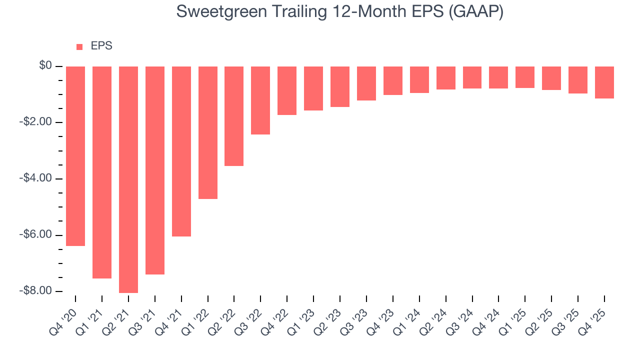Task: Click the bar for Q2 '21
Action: coord(128,179)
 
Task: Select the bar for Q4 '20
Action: coord(75,156)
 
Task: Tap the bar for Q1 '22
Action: coord(208,132)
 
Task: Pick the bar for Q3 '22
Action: coord(260,100)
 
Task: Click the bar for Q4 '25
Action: coord(604,82)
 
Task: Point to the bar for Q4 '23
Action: coord(393,80)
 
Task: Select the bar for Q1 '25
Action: coord(525,77)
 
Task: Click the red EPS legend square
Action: coord(79,47)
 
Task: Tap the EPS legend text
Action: coord(101,46)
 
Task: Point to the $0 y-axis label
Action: coord(45,65)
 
